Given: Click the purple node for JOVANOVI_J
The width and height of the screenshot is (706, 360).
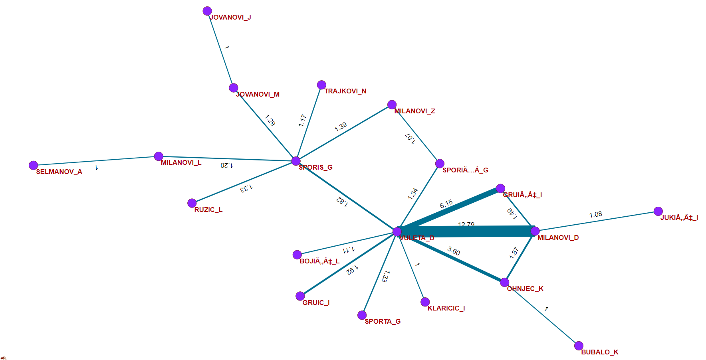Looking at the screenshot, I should click(x=207, y=11).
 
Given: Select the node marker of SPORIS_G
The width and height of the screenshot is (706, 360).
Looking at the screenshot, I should click(x=296, y=161).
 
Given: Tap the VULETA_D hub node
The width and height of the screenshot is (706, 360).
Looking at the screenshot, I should click(x=397, y=232).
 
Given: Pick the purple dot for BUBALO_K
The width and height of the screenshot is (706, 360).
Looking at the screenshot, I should click(x=579, y=346).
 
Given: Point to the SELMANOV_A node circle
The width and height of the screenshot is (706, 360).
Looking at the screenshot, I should click(x=34, y=165).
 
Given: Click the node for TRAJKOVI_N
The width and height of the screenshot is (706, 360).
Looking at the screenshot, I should click(x=321, y=85).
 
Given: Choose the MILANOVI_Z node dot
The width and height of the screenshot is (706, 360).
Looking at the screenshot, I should click(x=392, y=105).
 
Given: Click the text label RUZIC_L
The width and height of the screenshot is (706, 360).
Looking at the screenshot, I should click(x=208, y=210).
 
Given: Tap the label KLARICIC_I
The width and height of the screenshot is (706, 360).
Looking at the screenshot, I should click(x=446, y=308).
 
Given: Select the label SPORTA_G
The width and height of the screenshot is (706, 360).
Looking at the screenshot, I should click(x=383, y=321).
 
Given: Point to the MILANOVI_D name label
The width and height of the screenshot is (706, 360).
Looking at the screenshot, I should click(x=558, y=237).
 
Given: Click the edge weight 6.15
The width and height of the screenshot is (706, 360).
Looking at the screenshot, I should click(x=446, y=204).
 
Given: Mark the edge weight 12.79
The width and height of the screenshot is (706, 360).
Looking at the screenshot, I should click(x=466, y=225).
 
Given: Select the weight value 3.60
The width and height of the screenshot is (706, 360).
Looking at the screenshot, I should click(x=454, y=251).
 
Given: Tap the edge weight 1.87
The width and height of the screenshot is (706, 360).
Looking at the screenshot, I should click(x=514, y=253).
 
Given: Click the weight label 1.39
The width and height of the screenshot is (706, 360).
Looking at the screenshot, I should click(x=341, y=127).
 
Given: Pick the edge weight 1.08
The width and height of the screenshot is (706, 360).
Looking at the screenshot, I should click(x=595, y=214).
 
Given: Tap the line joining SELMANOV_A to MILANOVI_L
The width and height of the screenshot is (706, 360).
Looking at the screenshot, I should click(x=96, y=161).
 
